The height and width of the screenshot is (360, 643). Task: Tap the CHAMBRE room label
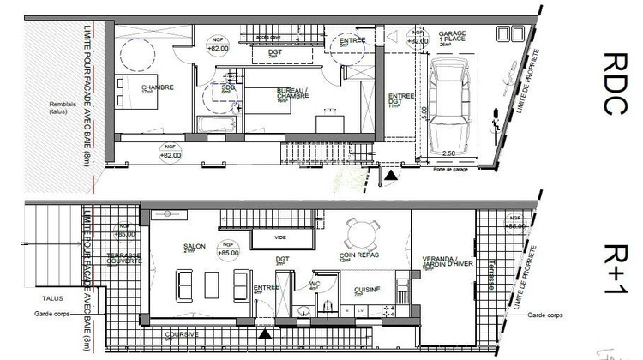(x=158, y=87)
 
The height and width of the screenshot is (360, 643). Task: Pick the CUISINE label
(x=368, y=289)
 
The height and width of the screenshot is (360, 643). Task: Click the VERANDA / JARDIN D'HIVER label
(x=442, y=262)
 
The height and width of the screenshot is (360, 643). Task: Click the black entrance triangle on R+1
(x=266, y=332)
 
